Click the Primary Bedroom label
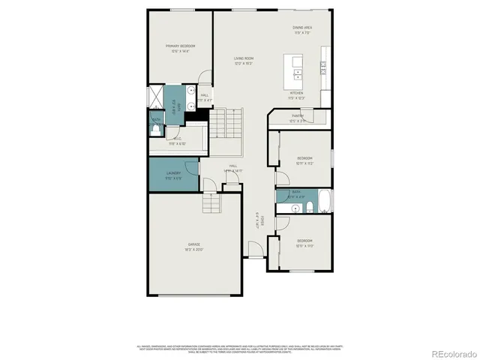(180, 49)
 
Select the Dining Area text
(302, 30)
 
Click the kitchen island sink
(298, 73)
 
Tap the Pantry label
(297, 117)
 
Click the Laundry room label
(172, 176)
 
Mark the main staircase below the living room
(226, 122)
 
